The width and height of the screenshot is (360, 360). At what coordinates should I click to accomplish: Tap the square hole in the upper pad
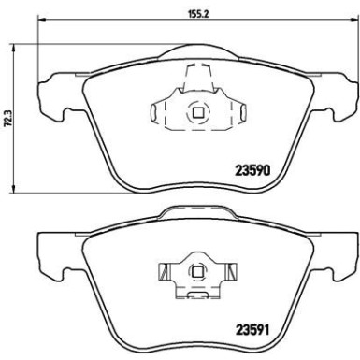point(195,115)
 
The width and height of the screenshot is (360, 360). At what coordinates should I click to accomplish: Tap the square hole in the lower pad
point(195,273)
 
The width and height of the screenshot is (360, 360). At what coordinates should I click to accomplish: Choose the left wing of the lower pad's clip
point(165,273)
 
